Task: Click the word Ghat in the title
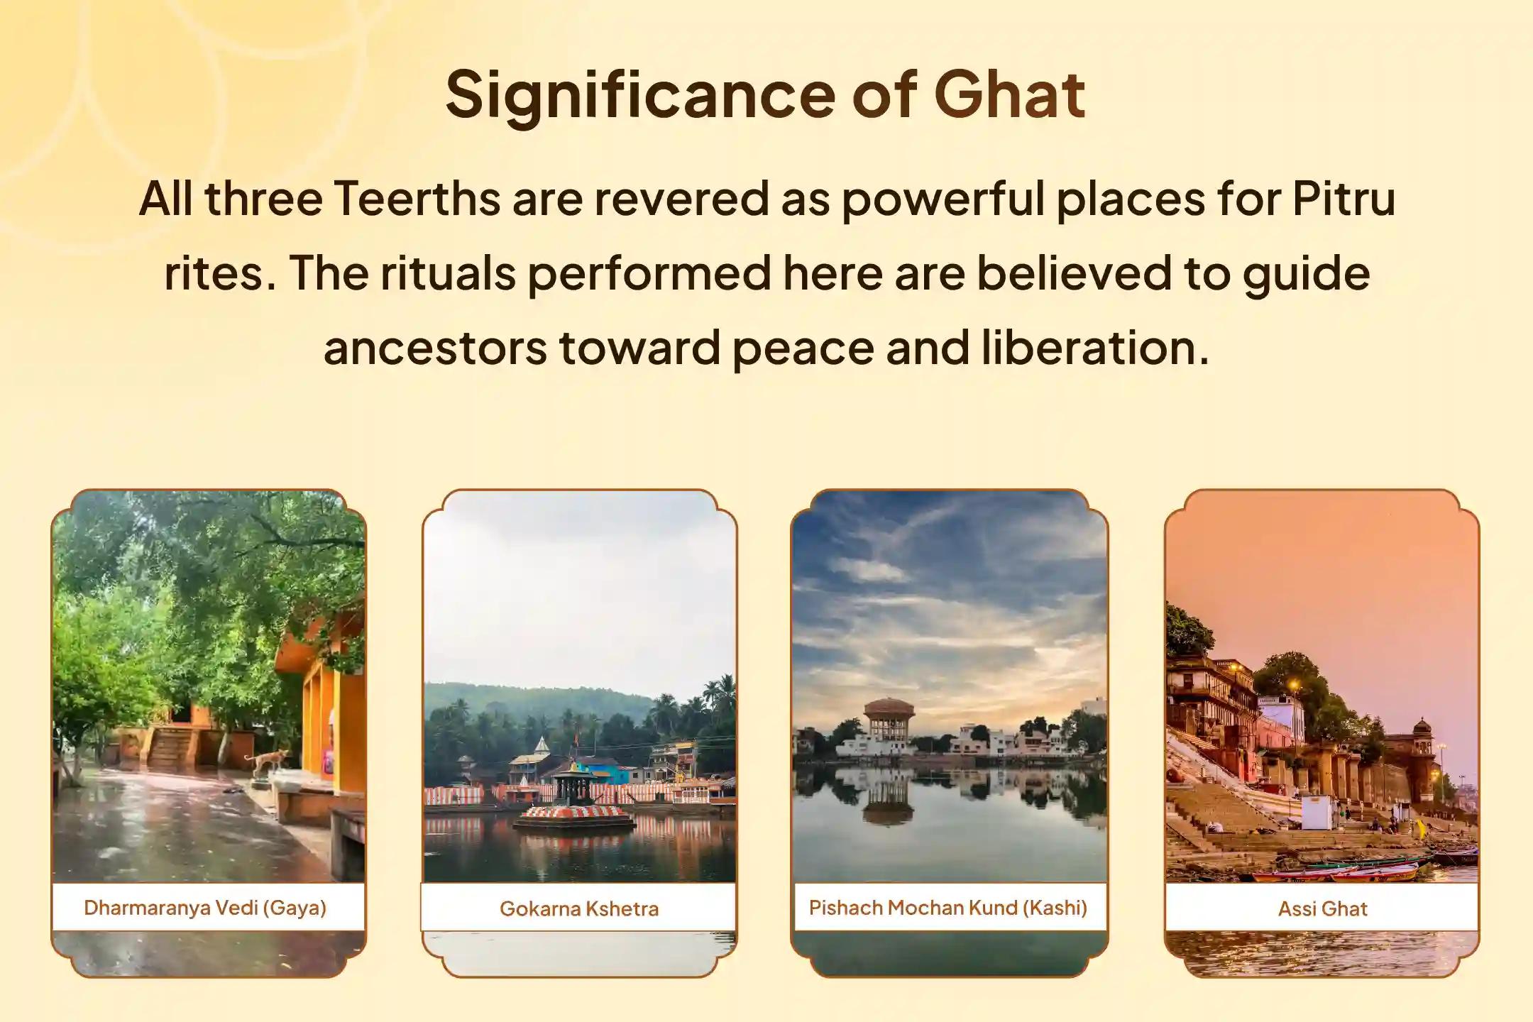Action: pyautogui.click(x=1009, y=94)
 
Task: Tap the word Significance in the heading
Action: pyautogui.click(x=639, y=94)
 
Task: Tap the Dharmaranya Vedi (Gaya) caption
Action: pyautogui.click(x=205, y=908)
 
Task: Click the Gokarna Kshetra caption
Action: pyautogui.click(x=579, y=908)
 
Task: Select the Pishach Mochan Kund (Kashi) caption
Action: pyautogui.click(x=948, y=908)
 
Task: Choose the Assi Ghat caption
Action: pyautogui.click(x=1322, y=908)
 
